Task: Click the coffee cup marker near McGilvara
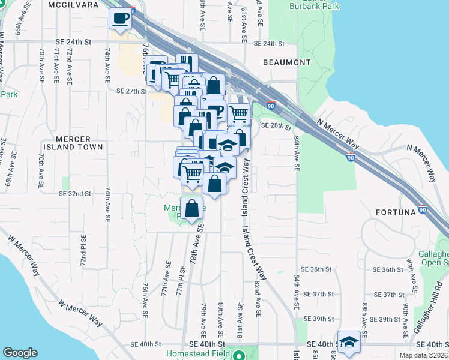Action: click(x=121, y=17)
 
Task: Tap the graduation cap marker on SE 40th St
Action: click(x=349, y=342)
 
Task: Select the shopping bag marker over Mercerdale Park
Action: click(x=192, y=209)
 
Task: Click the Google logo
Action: click(x=20, y=353)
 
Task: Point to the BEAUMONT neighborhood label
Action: click(x=287, y=62)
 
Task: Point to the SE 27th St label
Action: click(x=132, y=91)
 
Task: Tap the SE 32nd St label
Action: click(x=75, y=194)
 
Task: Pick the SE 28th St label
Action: click(x=276, y=127)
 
